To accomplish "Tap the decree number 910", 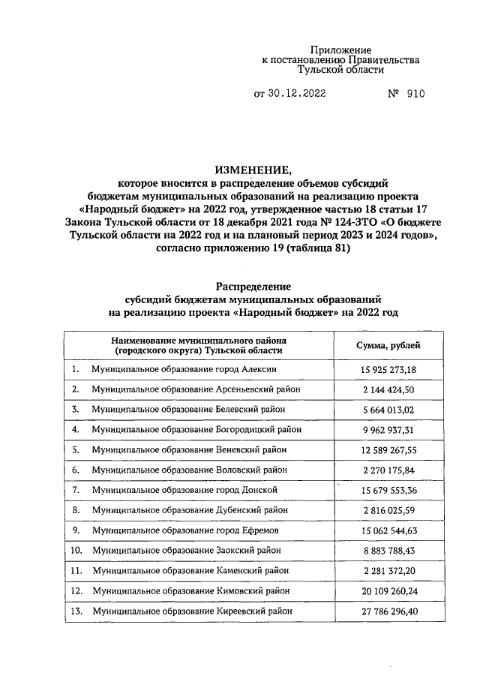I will click(415, 95).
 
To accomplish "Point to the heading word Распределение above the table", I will click(253, 286).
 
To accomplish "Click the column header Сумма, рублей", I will click(388, 345).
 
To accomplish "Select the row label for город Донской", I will click(184, 490).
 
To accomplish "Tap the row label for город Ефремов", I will click(186, 530).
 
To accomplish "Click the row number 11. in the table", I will click(75, 571).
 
